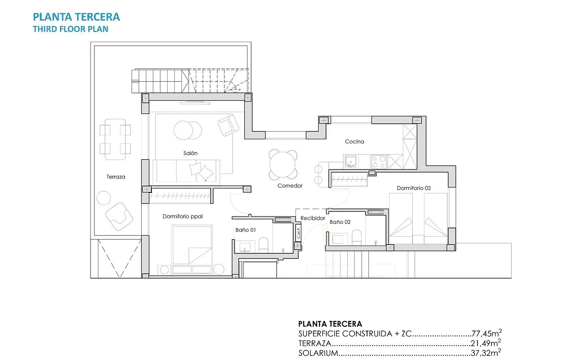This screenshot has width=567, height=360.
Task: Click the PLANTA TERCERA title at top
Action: [76, 17]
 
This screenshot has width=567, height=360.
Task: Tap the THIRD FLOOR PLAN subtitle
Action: [71, 29]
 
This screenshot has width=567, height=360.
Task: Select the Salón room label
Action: [190, 153]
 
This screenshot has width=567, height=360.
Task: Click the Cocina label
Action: [354, 142]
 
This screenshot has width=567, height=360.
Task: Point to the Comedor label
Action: [290, 186]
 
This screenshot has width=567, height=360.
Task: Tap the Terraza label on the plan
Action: [115, 177]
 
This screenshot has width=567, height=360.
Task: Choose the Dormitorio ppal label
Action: [182, 216]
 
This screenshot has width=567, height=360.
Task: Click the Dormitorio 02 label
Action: [414, 188]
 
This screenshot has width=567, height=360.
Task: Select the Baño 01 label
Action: [245, 229]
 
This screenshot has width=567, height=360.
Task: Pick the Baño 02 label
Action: [340, 222]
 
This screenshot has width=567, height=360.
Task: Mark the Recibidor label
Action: [313, 218]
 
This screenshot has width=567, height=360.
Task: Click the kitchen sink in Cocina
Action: [350, 162]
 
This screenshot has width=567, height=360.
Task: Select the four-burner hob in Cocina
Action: [379, 162]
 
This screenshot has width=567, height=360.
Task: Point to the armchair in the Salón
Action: [228, 125]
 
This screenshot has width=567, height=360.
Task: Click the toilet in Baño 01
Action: [263, 245]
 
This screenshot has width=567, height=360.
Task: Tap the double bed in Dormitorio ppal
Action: [192, 245]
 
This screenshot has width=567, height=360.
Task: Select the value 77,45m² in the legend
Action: [487, 333]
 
